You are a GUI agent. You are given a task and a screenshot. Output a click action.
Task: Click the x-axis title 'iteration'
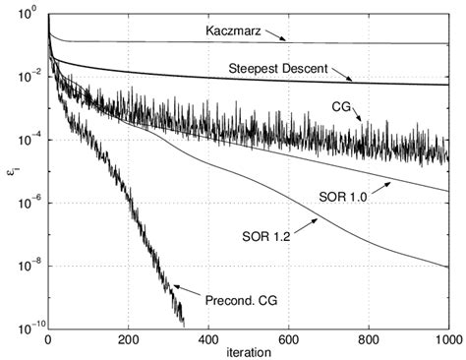248,352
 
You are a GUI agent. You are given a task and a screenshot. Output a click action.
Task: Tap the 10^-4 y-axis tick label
27,140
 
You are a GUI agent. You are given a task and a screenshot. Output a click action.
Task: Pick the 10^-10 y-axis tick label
25,326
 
